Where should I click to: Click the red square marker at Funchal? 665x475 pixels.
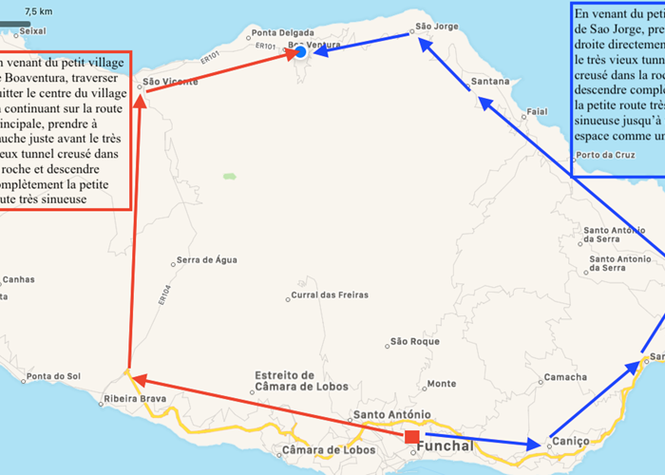pyautogui.click(x=411, y=437)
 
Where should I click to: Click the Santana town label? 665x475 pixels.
pyautogui.click(x=490, y=82)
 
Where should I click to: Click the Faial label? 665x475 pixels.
pyautogui.click(x=537, y=112)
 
